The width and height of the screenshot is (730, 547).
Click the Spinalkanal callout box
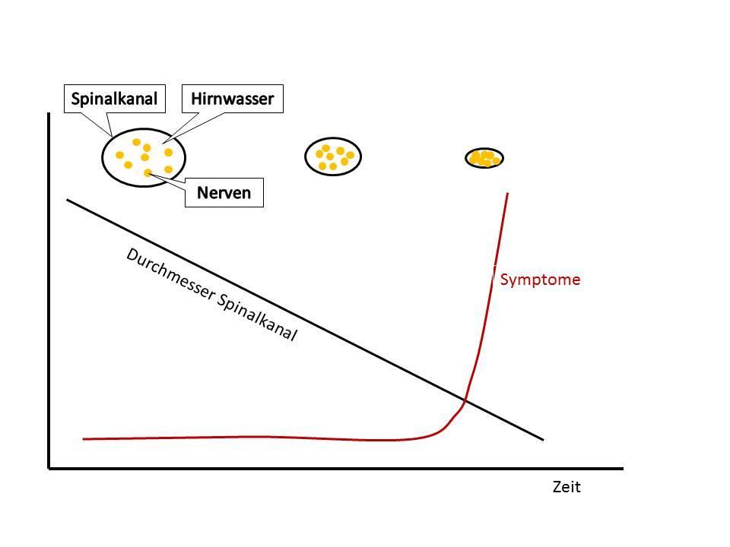coord(114,99)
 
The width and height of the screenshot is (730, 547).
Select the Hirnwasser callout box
coord(233,99)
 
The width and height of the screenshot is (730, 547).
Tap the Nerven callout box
coord(224,193)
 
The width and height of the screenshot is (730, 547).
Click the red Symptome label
coord(540,280)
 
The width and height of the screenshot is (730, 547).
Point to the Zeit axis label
coord(567,488)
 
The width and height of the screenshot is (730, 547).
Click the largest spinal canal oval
coord(144,157)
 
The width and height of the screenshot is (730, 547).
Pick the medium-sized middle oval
coord(333,157)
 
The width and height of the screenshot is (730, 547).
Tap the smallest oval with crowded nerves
coord(484,158)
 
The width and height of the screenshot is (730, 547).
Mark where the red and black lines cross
coord(465,400)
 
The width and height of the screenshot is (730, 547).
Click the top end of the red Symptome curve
coord(507,194)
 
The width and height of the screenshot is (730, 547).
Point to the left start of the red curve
coord(84,438)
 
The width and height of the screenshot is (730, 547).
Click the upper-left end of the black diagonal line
coord(68,200)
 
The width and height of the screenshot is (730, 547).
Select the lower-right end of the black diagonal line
coord(543,439)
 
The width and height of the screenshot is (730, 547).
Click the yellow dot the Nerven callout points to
coord(148,173)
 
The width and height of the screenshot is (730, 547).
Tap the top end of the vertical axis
coord(49,114)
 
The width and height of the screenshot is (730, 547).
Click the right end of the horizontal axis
coord(622,468)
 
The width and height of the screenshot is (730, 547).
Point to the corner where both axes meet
coord(49,468)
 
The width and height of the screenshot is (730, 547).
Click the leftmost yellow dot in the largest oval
coord(119,155)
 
